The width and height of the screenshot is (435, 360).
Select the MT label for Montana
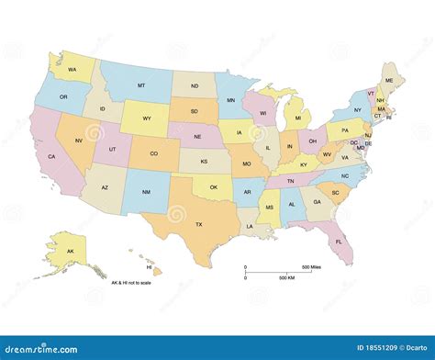coord(141,85)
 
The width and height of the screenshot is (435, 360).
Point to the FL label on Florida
coord(339,242)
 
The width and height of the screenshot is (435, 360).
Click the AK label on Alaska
coord(71,250)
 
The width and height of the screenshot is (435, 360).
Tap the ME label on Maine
coord(389,81)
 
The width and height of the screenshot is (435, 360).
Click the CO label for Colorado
coord(153,153)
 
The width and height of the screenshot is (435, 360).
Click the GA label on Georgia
coord(317,201)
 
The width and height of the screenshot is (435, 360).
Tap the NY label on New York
coord(358,110)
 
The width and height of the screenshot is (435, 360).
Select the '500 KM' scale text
coord(286,278)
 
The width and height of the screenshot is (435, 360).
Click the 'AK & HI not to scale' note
coord(132,283)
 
